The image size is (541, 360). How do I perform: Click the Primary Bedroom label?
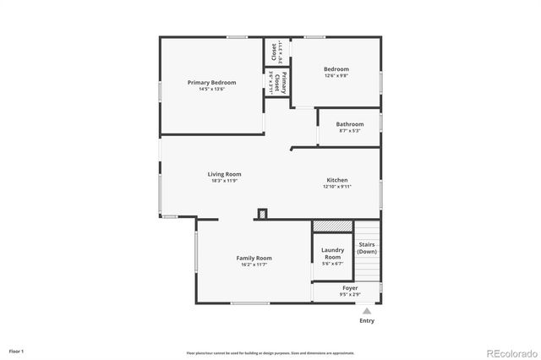[x=211, y=83]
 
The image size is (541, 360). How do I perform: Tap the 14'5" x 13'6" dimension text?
[x=211, y=90]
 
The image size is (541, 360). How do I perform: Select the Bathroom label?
[x=349, y=124]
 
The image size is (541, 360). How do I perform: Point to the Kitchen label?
[x=337, y=180]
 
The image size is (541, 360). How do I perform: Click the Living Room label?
[x=225, y=174]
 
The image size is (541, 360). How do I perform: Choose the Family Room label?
[x=254, y=258]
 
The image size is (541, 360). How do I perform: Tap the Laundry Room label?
[x=332, y=253]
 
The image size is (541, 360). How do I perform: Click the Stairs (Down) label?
[x=367, y=248]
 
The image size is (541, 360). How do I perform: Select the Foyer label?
[x=349, y=288]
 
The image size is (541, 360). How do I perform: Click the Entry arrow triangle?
[x=367, y=311]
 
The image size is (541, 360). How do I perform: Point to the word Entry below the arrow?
[x=367, y=321]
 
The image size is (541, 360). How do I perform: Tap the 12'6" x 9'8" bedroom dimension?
[x=336, y=76]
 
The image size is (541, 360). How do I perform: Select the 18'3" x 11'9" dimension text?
[x=225, y=181]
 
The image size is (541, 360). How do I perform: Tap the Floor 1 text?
[x=17, y=351]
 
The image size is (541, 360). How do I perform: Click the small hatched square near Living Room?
[x=262, y=214]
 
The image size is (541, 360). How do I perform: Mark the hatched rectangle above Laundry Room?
[x=331, y=226]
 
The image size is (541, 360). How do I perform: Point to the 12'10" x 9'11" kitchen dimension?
[x=337, y=187]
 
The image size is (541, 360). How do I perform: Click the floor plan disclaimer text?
[x=270, y=352]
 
